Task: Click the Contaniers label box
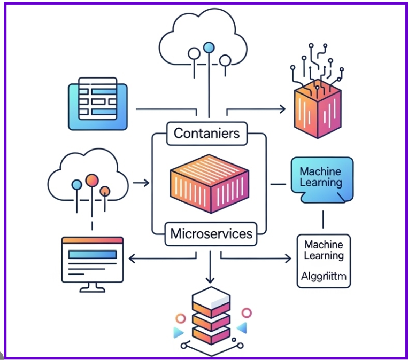207,133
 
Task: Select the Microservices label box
211,233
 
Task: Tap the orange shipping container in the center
209,182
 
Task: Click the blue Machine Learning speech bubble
321,178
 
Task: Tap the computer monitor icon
92,263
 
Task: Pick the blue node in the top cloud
209,48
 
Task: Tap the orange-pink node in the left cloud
93,179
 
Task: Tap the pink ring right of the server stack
247,312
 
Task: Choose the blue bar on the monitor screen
92,255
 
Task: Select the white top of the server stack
212,295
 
